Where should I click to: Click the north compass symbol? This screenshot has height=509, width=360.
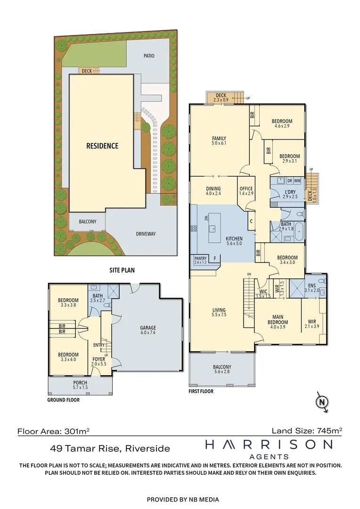point(322,402)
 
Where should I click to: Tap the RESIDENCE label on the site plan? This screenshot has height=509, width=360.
point(102,146)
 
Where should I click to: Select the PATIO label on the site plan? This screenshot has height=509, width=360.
point(149,56)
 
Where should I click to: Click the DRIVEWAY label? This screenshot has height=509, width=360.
point(146,234)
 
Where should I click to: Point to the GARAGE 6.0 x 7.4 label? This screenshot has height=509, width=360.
point(148,330)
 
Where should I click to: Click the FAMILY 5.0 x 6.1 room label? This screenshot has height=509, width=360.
point(219,140)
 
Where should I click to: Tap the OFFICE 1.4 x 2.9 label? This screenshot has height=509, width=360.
point(246,191)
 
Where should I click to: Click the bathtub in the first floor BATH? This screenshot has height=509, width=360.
point(299,231)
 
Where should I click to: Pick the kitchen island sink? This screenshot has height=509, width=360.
point(213,228)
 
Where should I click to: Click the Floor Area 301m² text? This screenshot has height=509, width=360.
point(53,431)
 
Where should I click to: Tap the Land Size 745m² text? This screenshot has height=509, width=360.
point(307,431)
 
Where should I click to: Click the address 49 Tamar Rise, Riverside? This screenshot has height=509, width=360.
point(110,449)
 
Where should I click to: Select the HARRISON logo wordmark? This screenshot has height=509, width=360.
point(269,444)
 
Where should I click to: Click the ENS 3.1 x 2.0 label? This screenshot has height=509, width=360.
point(311,288)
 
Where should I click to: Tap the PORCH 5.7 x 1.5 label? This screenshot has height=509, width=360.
point(80,385)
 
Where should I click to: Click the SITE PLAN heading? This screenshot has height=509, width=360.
point(122,270)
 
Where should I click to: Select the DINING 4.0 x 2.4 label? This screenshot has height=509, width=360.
point(213,191)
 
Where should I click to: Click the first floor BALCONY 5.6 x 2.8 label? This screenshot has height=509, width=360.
point(222,369)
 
